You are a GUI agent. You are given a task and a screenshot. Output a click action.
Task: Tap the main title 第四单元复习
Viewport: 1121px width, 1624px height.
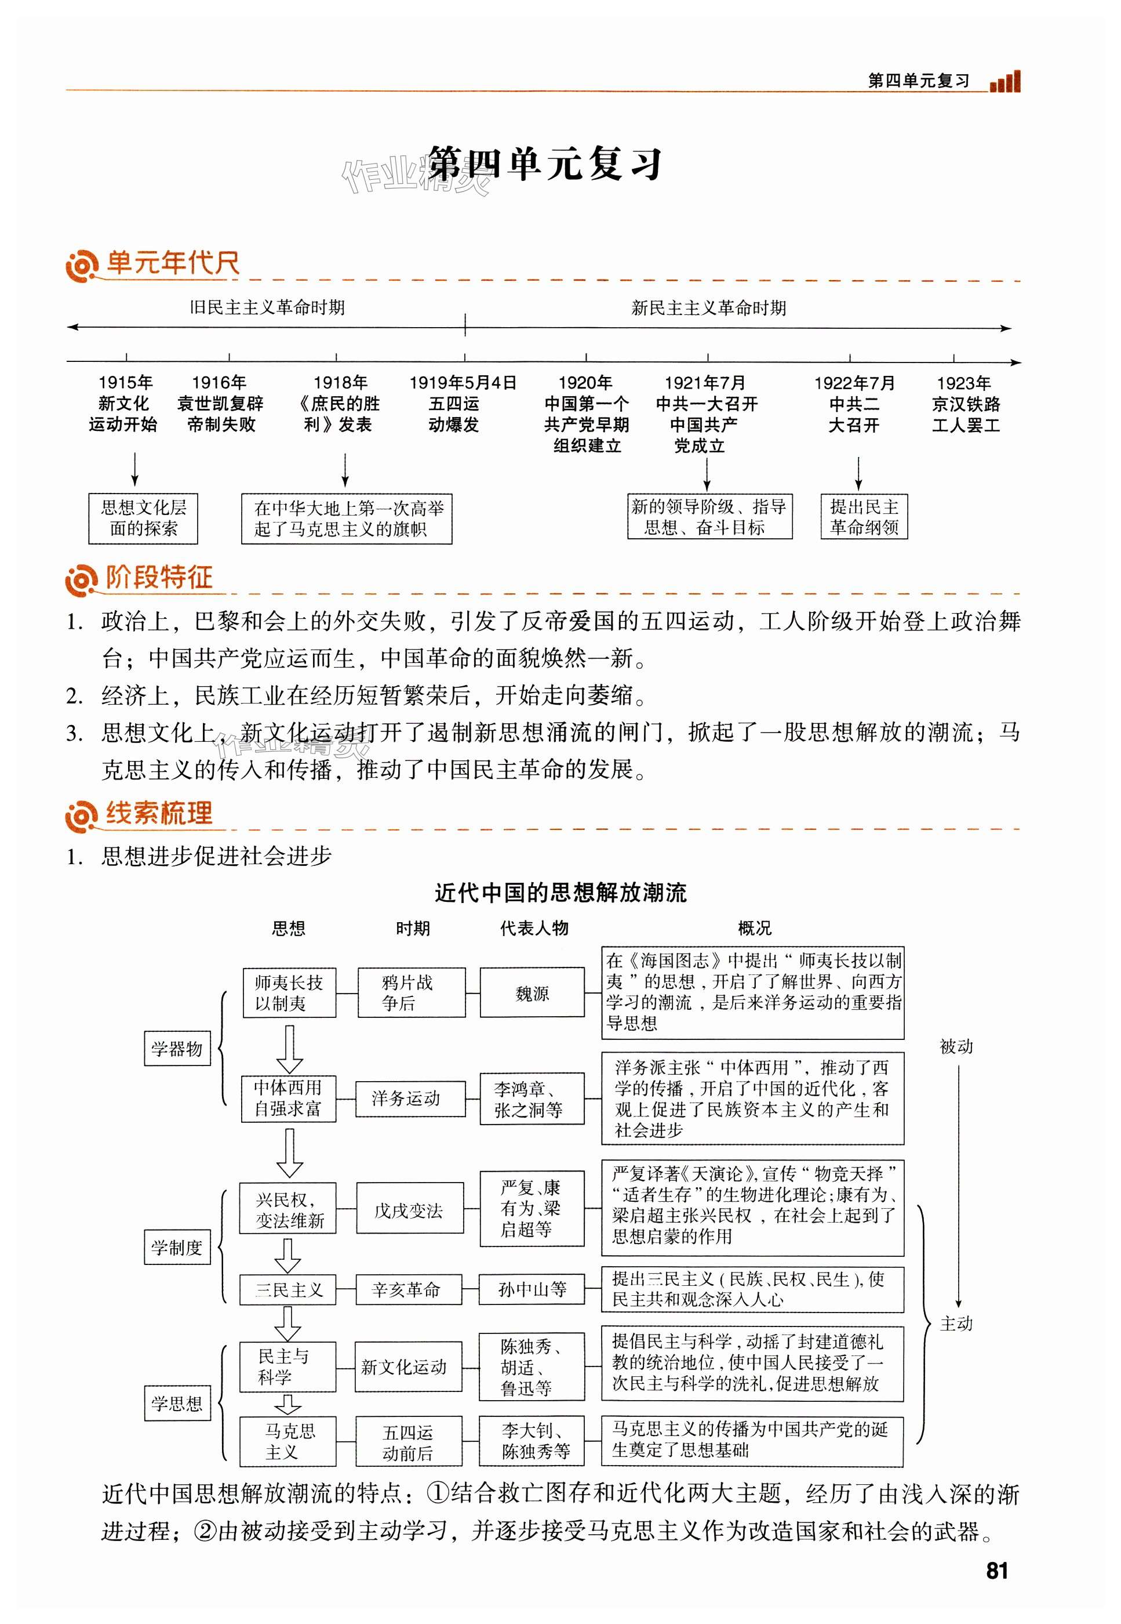pyautogui.click(x=544, y=165)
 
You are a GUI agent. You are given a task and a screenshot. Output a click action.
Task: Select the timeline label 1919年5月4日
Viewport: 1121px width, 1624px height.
pyautogui.click(x=463, y=383)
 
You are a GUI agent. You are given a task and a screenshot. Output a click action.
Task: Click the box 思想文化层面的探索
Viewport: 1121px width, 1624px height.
pyautogui.click(x=143, y=518)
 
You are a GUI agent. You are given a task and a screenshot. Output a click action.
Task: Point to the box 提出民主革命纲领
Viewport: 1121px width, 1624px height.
pyautogui.click(x=864, y=517)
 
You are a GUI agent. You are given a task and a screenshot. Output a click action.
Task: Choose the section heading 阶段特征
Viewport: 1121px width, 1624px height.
pyautogui.click(x=159, y=578)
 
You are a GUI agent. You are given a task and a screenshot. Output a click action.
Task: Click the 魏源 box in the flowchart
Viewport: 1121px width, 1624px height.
pyautogui.click(x=532, y=992)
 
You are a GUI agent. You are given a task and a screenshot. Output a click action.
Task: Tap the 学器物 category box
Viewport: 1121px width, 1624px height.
pyautogui.click(x=177, y=1049)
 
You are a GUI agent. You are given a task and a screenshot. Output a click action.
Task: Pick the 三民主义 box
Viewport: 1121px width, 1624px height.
pyautogui.click(x=288, y=1289)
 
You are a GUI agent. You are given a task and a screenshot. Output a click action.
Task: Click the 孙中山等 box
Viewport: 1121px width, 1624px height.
pyautogui.click(x=532, y=1289)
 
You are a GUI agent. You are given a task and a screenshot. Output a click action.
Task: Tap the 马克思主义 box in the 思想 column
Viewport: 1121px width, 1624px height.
pyautogui.click(x=288, y=1441)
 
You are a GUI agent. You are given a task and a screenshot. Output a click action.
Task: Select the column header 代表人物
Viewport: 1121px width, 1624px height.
pyautogui.click(x=534, y=929)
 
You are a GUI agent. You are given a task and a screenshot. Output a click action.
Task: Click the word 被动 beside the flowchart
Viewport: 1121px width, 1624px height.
pyautogui.click(x=956, y=1046)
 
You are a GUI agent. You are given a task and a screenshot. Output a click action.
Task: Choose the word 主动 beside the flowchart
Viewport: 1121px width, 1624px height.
pyautogui.click(x=956, y=1323)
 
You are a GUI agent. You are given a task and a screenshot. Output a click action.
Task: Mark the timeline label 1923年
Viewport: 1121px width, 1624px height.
pyautogui.click(x=964, y=383)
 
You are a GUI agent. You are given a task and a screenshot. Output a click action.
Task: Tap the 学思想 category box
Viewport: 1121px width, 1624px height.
pyautogui.click(x=177, y=1404)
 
